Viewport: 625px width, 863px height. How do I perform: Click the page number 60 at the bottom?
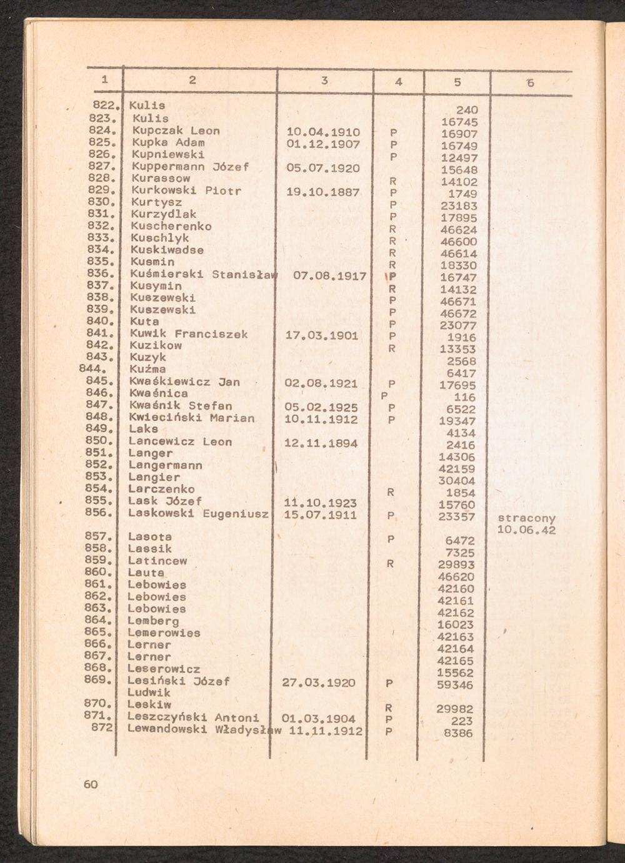pos(91,784)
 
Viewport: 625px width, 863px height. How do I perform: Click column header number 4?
pos(398,82)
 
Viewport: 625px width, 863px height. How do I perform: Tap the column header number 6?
pos(530,82)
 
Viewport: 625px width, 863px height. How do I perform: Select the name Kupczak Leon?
pos(176,131)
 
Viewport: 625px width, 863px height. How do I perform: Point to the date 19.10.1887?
pos(322,192)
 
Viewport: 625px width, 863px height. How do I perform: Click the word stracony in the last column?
pos(526,518)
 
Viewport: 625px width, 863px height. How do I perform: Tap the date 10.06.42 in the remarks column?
pos(526,530)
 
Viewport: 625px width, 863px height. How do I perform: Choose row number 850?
pos(98,441)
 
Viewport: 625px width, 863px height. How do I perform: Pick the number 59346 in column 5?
pos(455,685)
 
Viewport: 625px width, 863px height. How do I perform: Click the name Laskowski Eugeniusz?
pos(198,513)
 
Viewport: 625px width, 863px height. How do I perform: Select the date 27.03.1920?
pos(319,683)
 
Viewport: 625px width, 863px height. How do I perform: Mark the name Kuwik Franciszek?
pos(188,334)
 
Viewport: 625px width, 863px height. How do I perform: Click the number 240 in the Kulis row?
pos(466,110)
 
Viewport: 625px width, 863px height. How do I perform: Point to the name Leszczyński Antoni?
pos(192,718)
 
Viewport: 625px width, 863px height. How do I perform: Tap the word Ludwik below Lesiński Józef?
pos(149,693)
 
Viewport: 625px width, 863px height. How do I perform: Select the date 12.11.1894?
pos(321,443)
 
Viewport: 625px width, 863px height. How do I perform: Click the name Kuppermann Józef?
pos(190,167)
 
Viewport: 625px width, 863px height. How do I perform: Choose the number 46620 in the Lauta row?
pos(456,577)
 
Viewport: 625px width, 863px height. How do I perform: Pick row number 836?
pos(99,274)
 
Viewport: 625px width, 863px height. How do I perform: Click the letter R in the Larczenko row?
pos(390,493)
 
